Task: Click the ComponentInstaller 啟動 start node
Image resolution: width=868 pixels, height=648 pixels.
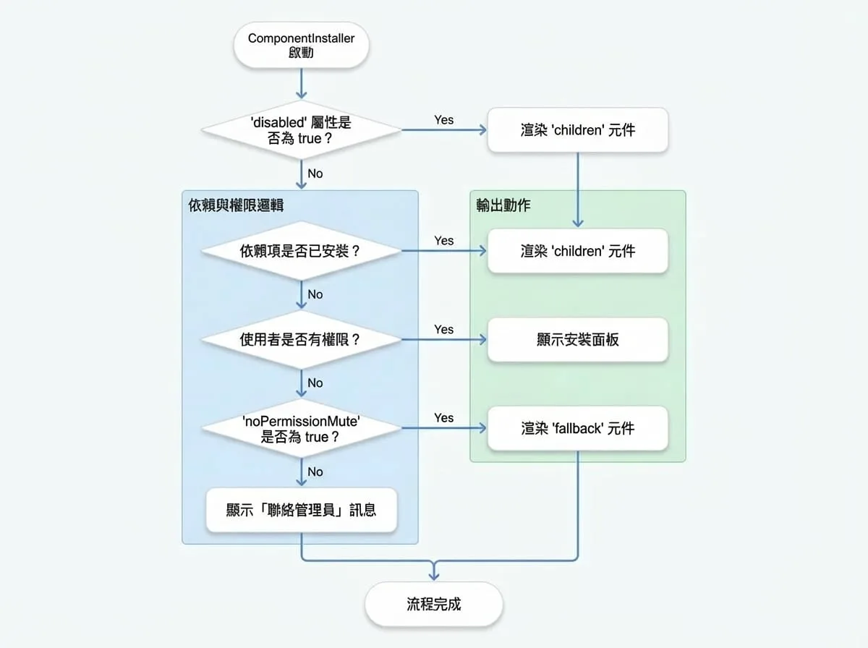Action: coord(302,45)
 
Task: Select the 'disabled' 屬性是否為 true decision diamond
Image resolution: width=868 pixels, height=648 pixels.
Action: coord(302,130)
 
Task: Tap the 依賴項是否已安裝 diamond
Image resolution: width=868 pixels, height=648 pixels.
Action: coord(302,251)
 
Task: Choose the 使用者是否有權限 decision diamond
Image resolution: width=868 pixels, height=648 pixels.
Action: coord(302,340)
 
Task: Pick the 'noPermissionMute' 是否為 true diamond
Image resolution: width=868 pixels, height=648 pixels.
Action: coord(302,428)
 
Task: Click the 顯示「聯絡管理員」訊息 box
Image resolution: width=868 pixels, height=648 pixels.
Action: coord(302,510)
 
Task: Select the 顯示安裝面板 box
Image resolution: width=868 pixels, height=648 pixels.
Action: coord(578,340)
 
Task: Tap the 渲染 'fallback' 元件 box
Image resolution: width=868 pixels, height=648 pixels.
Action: coord(578,428)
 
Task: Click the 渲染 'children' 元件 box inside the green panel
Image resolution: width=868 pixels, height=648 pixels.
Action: coord(578,251)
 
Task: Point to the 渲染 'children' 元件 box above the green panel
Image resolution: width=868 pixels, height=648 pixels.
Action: coord(578,130)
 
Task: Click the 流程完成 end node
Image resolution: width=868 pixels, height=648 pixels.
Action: coord(434,604)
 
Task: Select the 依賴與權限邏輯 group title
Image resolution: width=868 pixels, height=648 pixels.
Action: coord(236,205)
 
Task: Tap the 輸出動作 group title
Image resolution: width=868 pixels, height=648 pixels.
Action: coord(503,205)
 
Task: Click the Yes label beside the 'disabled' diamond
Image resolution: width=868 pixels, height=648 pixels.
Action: coord(443,120)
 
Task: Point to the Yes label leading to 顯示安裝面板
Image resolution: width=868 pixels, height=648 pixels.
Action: coord(443,329)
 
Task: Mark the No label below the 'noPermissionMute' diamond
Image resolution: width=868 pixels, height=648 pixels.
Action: coord(315,472)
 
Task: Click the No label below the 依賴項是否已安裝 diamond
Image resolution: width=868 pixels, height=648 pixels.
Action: coord(315,294)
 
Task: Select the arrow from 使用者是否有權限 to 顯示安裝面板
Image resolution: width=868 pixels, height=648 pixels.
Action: coord(444,340)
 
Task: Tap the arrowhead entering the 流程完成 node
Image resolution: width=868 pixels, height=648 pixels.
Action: coord(434,576)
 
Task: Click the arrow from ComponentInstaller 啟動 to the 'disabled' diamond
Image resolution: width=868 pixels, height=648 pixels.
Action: coord(302,83)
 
